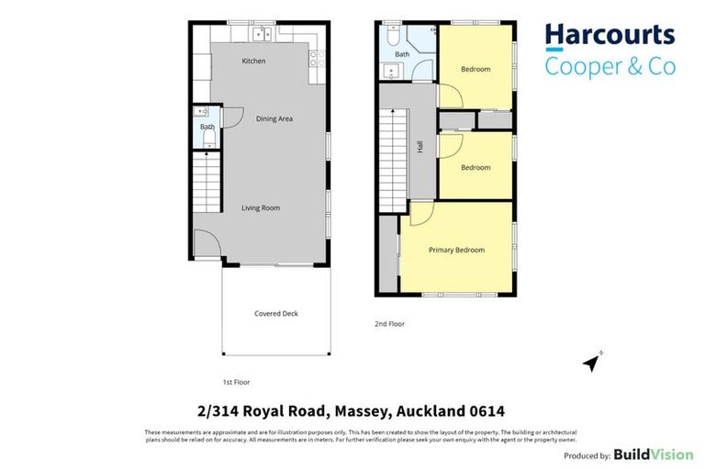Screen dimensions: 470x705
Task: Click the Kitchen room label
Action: tap(253, 62)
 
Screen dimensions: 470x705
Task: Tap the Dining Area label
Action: tap(274, 118)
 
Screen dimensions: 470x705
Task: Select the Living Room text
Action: tap(261, 208)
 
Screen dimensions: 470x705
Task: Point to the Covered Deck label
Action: tap(275, 314)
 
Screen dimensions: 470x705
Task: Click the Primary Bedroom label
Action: tap(456, 250)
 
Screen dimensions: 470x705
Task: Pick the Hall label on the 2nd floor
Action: tap(420, 146)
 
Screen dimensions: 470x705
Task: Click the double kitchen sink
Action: tap(262, 34)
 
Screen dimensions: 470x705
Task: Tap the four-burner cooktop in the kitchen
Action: tap(319, 59)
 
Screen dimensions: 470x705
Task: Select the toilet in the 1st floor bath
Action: tap(208, 139)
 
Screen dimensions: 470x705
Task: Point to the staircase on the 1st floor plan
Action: tap(207, 184)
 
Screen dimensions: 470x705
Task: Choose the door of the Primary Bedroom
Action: tap(420, 214)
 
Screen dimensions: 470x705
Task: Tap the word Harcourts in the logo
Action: tap(610, 37)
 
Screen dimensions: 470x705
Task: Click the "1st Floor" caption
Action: tap(236, 382)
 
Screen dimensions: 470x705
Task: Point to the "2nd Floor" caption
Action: tap(389, 324)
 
